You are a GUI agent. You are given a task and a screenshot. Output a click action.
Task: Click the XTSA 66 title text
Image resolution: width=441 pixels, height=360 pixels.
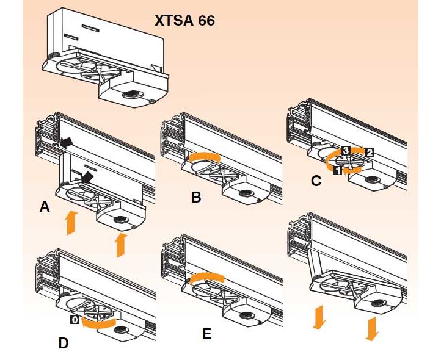[184, 20]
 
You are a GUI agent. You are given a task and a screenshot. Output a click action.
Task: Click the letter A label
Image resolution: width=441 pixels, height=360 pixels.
[44, 207]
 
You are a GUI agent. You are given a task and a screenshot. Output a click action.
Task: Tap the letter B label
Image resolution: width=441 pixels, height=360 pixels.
[196, 197]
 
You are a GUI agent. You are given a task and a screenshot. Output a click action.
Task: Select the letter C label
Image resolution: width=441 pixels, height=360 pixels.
[316, 181]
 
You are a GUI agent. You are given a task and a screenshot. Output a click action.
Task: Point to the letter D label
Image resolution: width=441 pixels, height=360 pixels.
[64, 343]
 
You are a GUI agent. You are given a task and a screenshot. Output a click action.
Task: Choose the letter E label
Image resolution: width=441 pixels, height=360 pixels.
[207, 334]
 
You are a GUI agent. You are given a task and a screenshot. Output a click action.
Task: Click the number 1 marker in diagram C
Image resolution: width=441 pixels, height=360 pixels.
[337, 172]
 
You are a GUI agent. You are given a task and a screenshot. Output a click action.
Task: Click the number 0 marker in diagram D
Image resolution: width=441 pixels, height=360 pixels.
[74, 319]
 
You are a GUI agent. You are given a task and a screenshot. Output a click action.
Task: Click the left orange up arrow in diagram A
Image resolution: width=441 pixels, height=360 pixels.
[71, 222]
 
